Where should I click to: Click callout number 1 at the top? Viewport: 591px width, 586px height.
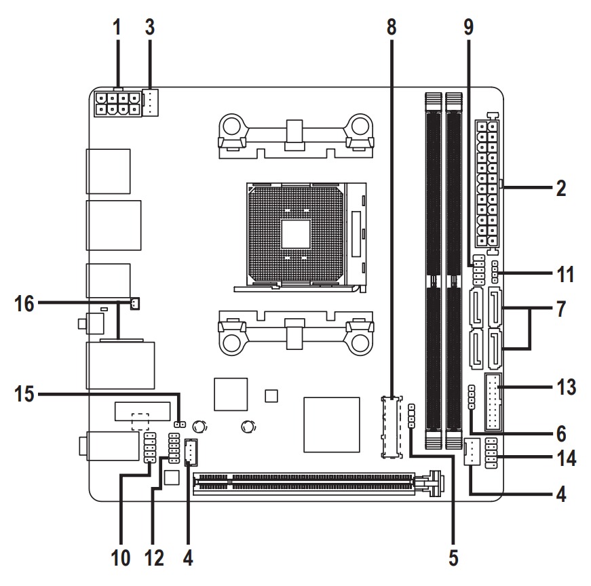tap(117, 28)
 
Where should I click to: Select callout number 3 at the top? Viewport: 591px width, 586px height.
tap(150, 28)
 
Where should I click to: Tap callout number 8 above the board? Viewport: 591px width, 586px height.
tap(391, 28)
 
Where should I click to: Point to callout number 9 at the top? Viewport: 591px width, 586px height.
tap(468, 28)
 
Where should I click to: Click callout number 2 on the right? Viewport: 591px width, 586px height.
tap(560, 188)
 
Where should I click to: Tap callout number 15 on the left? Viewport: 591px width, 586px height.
tap(25, 393)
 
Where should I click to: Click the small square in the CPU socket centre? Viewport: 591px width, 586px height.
tap(296, 235)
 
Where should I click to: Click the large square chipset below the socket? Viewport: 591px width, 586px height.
tap(331, 423)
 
